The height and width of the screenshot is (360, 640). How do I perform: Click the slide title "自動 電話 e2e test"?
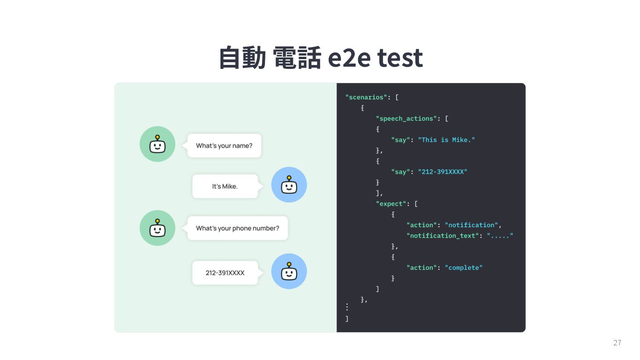[320, 57]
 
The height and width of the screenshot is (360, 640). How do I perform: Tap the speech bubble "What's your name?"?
[224, 145]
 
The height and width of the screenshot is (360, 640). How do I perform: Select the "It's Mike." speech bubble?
[225, 186]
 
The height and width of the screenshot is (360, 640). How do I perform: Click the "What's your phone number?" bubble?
[237, 228]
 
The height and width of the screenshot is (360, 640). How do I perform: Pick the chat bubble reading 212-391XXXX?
[225, 272]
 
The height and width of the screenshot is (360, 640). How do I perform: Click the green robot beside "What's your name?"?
[157, 144]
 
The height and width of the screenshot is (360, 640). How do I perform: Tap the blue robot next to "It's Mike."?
[289, 185]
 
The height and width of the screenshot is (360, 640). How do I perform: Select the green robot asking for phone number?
[157, 228]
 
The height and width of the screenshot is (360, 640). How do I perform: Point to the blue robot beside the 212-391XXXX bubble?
[289, 271]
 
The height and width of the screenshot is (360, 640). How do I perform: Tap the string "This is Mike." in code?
[446, 140]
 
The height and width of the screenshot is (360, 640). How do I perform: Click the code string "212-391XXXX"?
[442, 172]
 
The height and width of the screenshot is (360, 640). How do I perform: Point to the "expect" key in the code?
[392, 204]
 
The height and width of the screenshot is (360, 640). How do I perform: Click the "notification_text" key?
[443, 236]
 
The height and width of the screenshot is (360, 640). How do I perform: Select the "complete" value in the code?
[464, 268]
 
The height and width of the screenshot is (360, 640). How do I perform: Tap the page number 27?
[617, 343]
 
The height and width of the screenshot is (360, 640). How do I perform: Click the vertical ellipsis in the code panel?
[347, 307]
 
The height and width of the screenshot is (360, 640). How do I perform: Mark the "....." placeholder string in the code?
[500, 236]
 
